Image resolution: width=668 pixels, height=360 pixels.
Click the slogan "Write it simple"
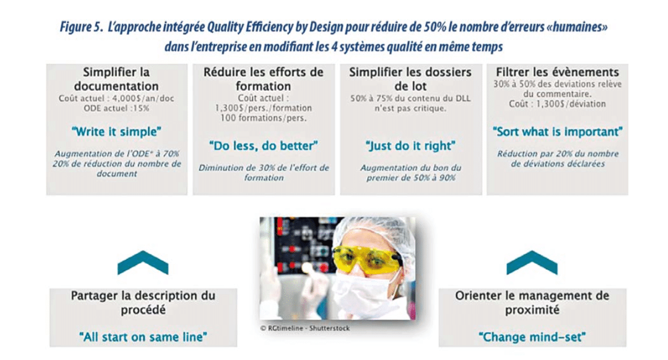click(116, 132)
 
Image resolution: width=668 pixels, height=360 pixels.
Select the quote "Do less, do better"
click(263, 146)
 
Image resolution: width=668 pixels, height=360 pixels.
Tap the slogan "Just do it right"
click(410, 146)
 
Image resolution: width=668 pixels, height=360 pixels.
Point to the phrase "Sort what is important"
click(557, 132)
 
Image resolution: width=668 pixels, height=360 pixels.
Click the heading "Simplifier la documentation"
click(116, 79)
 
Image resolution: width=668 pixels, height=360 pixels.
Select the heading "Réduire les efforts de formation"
click(263, 79)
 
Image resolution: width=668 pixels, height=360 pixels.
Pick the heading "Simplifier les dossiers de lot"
click(410, 79)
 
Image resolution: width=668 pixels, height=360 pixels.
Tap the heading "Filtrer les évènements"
click(557, 72)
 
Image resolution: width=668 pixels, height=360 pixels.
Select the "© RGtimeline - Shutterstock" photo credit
click(305, 328)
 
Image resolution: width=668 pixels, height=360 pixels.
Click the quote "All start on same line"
click(143, 337)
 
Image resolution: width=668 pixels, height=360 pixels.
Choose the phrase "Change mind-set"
click(532, 337)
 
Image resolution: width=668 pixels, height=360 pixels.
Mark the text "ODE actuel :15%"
click(116, 108)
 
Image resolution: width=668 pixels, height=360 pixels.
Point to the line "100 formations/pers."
click(263, 118)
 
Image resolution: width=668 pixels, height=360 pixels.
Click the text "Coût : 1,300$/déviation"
click(557, 104)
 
